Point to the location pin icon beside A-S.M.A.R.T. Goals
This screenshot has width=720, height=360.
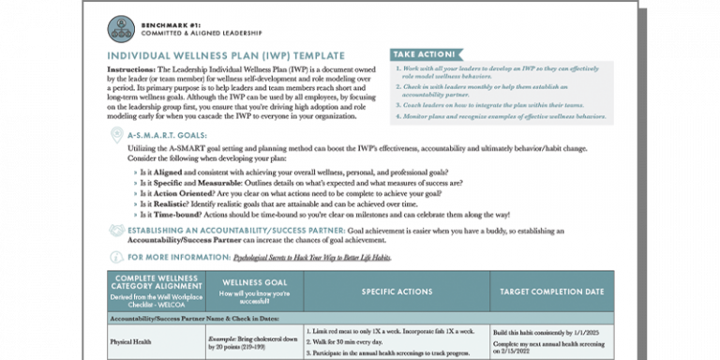(x=117, y=136)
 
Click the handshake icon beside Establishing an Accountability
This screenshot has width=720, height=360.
(x=117, y=231)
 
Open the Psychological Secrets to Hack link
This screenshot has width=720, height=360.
(x=310, y=257)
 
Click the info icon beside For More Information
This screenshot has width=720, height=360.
(x=117, y=257)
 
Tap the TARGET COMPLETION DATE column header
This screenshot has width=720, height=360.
(x=551, y=291)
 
